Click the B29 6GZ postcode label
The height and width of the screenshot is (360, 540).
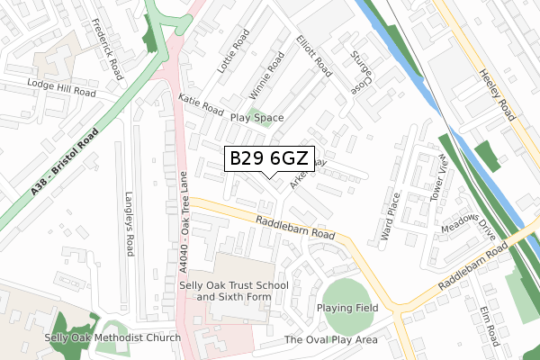269,158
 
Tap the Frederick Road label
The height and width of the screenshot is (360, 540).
106,49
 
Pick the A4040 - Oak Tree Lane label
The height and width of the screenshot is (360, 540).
183,220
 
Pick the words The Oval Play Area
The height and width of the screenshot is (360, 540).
330,340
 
